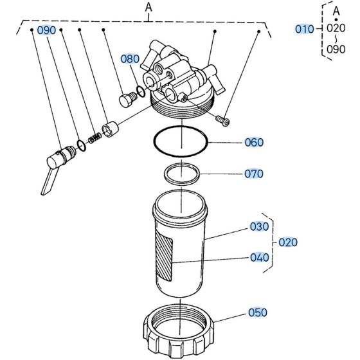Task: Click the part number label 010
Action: click(x=304, y=29)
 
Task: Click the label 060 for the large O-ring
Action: click(x=254, y=142)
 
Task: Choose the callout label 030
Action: click(x=259, y=227)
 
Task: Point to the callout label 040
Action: click(x=259, y=258)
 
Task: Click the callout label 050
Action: click(x=257, y=313)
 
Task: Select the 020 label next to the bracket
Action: click(x=287, y=242)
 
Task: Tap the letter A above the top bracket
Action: click(x=149, y=8)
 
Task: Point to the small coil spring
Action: click(x=94, y=138)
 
